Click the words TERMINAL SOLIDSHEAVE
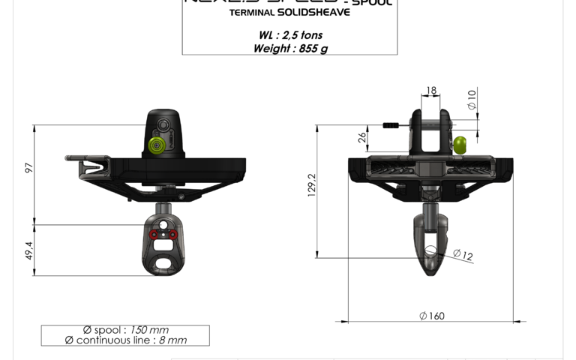coord(289,13)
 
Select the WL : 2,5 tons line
coord(289,35)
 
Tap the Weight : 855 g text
coord(290,49)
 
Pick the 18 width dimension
coord(430,91)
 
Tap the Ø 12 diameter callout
coord(463,256)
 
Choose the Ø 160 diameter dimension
coord(431,316)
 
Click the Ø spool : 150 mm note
coord(125,330)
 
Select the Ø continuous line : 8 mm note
coord(125,340)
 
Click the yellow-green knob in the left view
coord(157,145)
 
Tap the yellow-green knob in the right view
coord(461,143)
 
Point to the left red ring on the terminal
coord(153,235)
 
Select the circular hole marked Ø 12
coord(430,253)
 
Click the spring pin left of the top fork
coord(394,125)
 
